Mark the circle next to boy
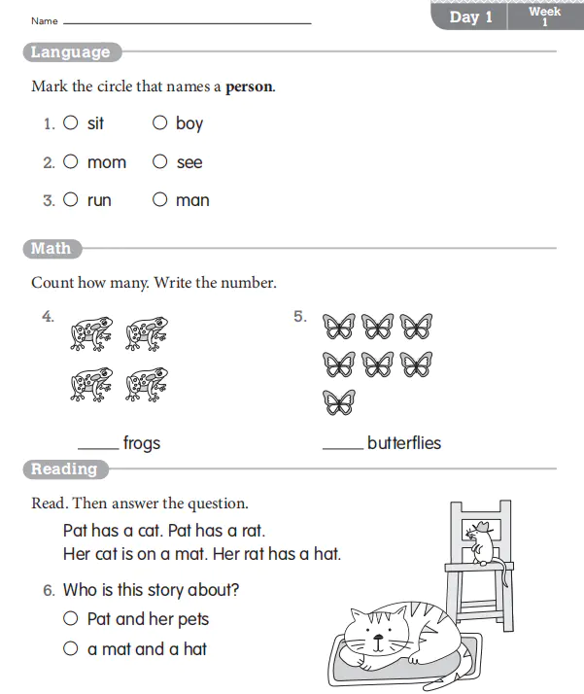click(159, 123)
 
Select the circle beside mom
click(71, 162)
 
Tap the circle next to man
click(159, 200)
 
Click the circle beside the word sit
click(71, 123)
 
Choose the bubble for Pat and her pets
click(71, 618)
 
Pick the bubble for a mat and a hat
click(71, 648)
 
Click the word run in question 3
click(99, 201)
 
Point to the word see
click(189, 163)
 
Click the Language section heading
click(70, 52)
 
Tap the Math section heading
click(51, 249)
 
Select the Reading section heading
click(64, 469)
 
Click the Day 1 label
click(470, 17)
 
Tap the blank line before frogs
click(97, 448)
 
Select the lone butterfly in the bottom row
click(339, 401)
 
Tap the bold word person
click(250, 87)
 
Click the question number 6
click(49, 590)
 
